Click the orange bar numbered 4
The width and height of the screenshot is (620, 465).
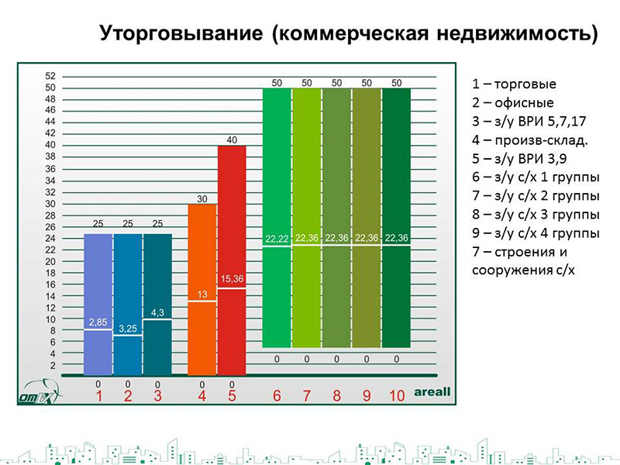(x=202, y=289)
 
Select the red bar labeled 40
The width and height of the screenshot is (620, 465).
(x=232, y=260)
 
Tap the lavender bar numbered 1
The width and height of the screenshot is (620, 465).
(x=98, y=305)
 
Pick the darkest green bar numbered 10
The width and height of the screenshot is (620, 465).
(x=397, y=218)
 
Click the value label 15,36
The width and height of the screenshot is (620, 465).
(x=232, y=279)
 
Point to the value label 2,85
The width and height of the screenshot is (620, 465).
(x=98, y=322)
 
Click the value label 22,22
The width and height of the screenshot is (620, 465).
(x=277, y=239)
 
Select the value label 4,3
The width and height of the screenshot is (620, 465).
(x=157, y=313)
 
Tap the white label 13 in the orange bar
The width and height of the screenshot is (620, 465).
(x=202, y=294)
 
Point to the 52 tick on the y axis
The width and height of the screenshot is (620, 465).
(x=50, y=76)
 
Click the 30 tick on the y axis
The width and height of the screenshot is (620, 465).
(x=50, y=204)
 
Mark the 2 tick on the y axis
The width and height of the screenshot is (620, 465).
(x=53, y=366)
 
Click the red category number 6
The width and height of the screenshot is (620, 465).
(x=277, y=396)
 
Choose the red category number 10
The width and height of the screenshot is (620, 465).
(x=397, y=396)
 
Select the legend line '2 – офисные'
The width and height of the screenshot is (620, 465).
(x=513, y=103)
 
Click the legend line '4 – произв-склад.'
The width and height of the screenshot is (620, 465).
(x=530, y=140)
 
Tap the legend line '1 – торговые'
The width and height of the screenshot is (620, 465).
(x=514, y=84)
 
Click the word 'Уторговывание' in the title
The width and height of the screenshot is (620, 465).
(x=181, y=33)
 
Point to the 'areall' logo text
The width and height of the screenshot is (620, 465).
(x=432, y=392)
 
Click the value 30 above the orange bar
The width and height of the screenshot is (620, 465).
(x=202, y=199)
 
